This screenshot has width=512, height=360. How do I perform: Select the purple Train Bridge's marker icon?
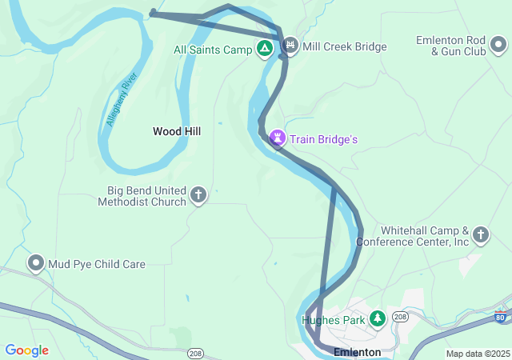click(278, 139)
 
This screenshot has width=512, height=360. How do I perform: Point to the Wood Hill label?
click(177, 131)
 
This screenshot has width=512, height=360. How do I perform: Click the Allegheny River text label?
click(122, 100)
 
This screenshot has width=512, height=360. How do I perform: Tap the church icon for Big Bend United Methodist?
click(198, 194)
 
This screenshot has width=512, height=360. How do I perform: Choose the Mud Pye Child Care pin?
click(36, 263)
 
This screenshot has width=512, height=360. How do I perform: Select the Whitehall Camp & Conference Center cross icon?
click(480, 234)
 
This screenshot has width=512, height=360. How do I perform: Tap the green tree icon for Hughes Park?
click(377, 320)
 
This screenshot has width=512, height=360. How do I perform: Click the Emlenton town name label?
click(357, 352)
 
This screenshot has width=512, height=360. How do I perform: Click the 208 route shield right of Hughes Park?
click(400, 317)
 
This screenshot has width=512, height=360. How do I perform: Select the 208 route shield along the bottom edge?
click(195, 353)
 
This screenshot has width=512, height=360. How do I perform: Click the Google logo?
click(26, 350)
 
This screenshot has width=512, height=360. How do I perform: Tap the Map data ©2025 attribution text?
click(477, 354)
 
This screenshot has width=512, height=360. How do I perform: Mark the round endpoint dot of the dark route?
click(153, 12)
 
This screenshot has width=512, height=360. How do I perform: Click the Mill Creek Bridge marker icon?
click(290, 46)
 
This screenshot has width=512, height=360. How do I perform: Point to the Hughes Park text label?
click(333, 321)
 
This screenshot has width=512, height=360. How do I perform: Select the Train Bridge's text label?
click(323, 139)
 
